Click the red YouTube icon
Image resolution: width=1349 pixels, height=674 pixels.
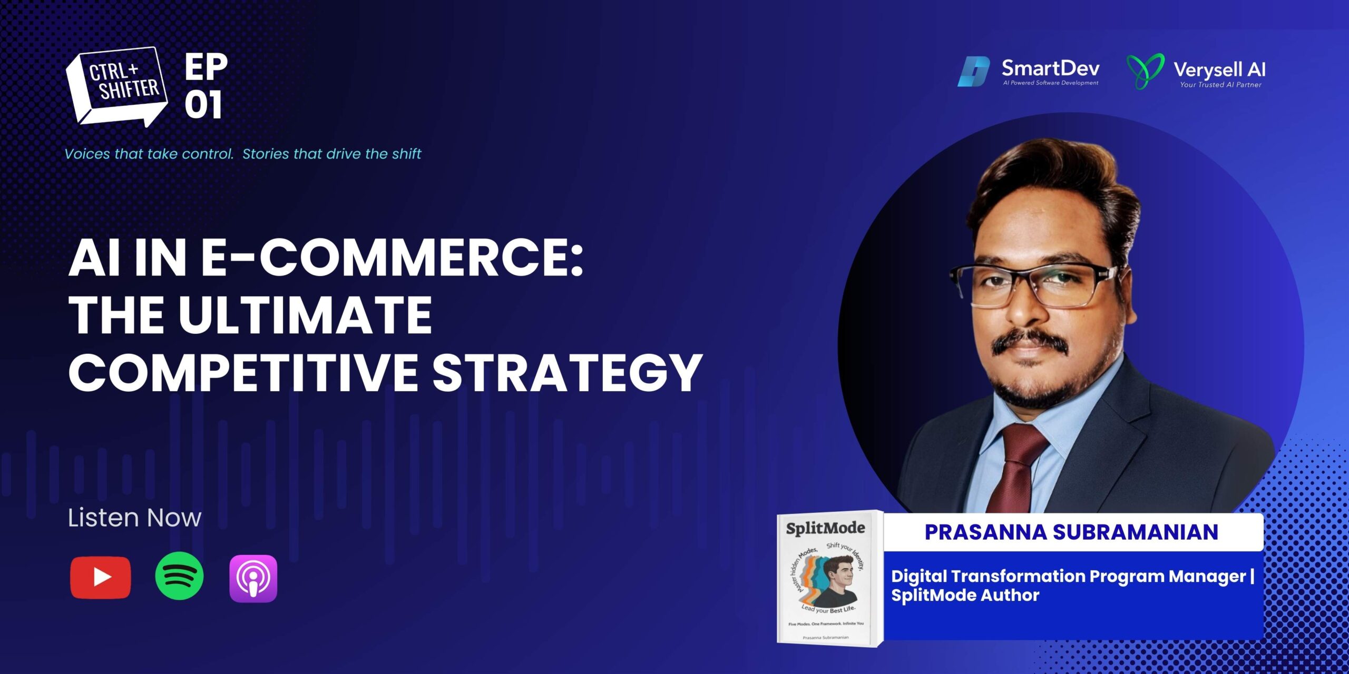pos(100,578)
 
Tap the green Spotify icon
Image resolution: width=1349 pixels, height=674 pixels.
pos(179,576)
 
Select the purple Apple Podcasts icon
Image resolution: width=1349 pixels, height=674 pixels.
pos(253,578)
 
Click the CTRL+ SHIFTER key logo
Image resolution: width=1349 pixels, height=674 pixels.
pos(116,86)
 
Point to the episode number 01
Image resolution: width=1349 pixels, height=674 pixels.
pos(203,104)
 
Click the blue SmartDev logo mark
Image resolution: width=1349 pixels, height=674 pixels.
pos(973,72)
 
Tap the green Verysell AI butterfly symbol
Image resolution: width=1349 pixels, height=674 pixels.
pos(1146,71)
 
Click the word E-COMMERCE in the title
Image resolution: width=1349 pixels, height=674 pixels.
pos(393,258)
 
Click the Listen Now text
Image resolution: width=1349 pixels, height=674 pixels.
pos(134,518)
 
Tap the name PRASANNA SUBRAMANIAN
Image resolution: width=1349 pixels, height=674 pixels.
pos(1071,532)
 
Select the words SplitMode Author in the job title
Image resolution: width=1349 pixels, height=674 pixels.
pos(965,596)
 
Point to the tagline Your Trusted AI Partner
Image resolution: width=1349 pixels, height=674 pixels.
pos(1220,84)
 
